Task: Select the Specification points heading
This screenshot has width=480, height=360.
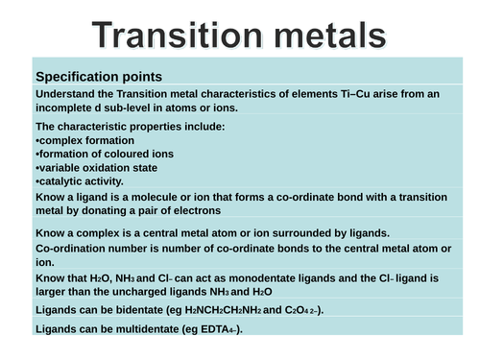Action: click(x=98, y=76)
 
